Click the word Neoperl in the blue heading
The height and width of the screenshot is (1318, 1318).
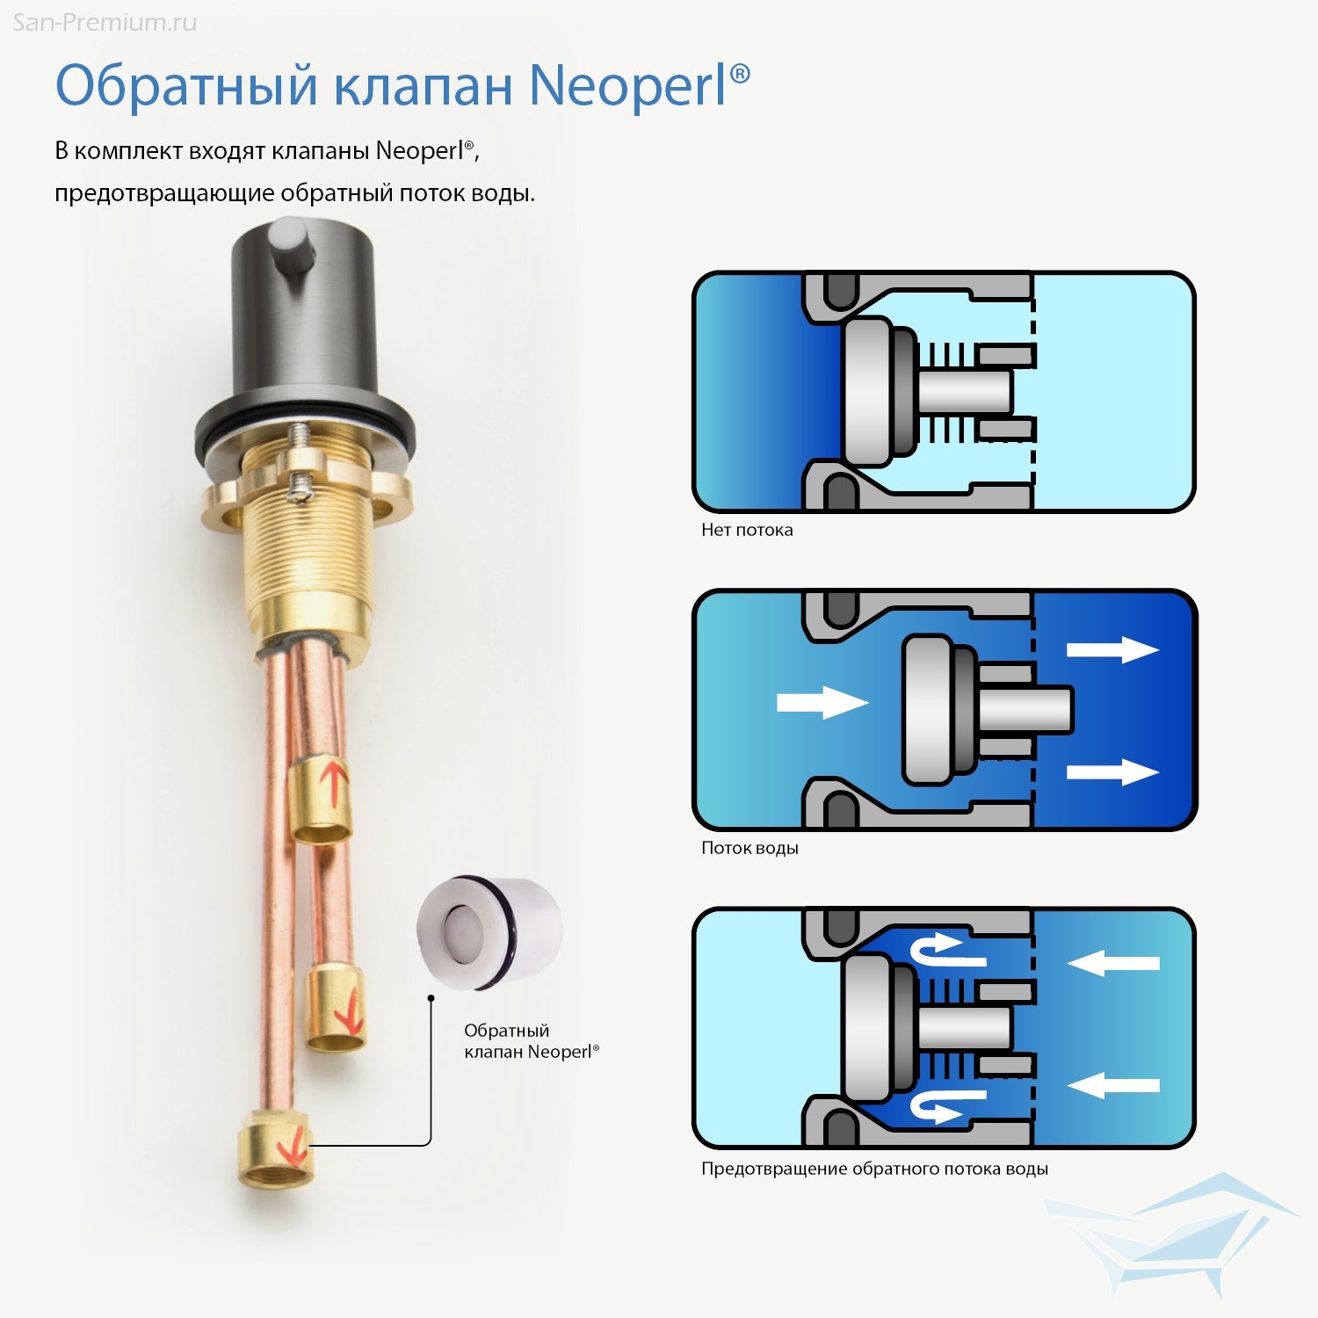628,85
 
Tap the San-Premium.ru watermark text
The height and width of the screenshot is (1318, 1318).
105,22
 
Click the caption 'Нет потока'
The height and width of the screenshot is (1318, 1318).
747,530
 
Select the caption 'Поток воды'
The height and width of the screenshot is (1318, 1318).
750,848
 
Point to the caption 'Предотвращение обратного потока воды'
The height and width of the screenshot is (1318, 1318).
874,1169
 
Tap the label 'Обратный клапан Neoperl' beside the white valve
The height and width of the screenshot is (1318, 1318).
532,1041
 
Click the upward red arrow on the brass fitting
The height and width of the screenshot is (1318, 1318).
335,780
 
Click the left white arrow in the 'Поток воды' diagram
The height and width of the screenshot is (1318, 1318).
822,702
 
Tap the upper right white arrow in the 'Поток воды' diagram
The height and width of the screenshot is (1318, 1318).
1112,650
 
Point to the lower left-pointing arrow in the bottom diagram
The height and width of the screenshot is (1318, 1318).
1113,1086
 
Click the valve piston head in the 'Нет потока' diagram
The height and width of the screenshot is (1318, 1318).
868,392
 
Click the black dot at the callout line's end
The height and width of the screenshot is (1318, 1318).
431,998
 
